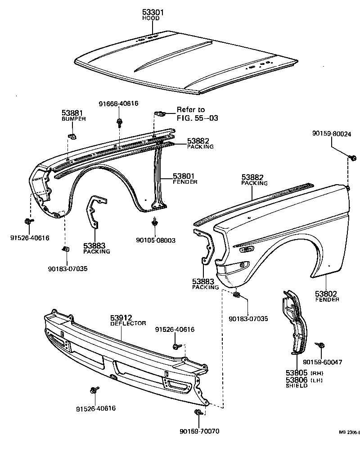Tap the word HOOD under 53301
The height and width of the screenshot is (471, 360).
click(x=152, y=19)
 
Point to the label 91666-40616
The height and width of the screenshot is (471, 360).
click(x=118, y=104)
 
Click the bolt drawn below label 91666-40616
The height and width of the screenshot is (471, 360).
click(x=119, y=121)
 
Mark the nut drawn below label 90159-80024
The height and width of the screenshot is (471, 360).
click(x=352, y=158)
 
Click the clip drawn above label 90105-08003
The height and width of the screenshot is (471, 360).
click(x=155, y=222)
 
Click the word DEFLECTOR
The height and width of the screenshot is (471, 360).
click(x=128, y=323)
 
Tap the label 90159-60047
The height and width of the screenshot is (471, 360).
click(x=323, y=362)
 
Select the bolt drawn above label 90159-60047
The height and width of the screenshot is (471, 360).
click(x=321, y=345)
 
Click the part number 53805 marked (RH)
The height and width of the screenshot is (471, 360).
click(x=296, y=373)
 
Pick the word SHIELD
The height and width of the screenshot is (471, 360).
click(x=297, y=386)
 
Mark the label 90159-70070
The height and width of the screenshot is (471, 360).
click(x=199, y=431)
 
